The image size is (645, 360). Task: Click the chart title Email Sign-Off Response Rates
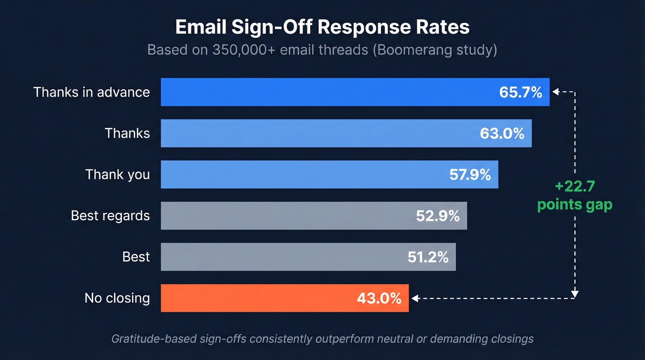click(x=322, y=27)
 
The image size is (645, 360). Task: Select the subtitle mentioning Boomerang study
click(x=322, y=50)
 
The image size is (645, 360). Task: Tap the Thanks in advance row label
click(x=92, y=92)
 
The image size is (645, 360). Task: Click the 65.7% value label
click(x=521, y=92)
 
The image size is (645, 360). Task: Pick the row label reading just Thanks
click(x=127, y=133)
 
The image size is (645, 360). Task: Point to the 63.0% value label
click(x=502, y=134)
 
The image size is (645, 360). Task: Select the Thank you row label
click(x=117, y=174)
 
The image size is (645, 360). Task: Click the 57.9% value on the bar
click(x=470, y=175)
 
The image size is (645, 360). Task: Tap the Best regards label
click(x=110, y=215)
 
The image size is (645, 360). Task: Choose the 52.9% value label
click(x=438, y=216)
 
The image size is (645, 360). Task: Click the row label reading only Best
click(x=136, y=257)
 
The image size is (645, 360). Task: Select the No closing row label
click(x=117, y=298)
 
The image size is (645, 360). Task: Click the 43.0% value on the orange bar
click(x=379, y=298)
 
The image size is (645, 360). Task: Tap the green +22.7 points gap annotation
click(x=575, y=195)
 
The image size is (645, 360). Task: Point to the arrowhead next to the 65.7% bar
click(x=555, y=92)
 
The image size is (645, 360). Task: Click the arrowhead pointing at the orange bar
click(x=415, y=299)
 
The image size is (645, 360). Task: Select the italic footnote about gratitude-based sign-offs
click(x=322, y=339)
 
